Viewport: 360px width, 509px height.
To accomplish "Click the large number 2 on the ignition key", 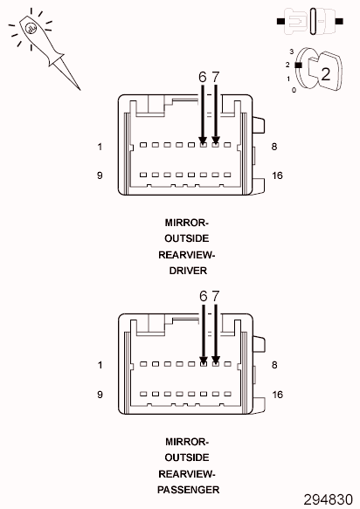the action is pyautogui.click(x=326, y=74).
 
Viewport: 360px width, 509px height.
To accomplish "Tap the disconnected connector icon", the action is pyautogui.click(x=310, y=22).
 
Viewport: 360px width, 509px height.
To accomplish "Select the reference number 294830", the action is pyautogui.click(x=329, y=499).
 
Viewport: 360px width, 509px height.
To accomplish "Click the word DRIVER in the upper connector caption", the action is pyautogui.click(x=188, y=271).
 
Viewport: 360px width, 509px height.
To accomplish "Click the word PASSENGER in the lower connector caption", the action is pyautogui.click(x=188, y=490).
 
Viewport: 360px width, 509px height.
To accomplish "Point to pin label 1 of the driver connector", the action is pyautogui.click(x=100, y=147).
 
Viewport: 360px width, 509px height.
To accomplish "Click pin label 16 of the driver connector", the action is pyautogui.click(x=277, y=175).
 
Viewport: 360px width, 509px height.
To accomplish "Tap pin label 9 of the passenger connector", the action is pyautogui.click(x=100, y=395).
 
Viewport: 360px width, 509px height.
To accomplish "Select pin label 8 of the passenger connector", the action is pyautogui.click(x=274, y=365).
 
